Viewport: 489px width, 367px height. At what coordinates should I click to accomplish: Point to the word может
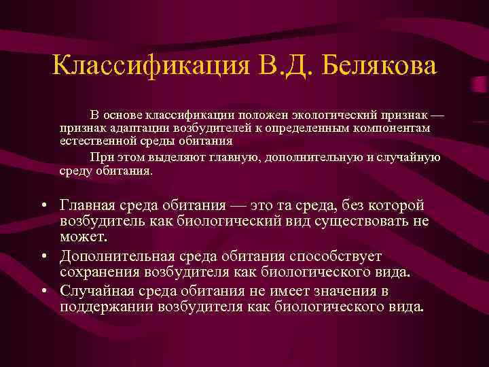(x=81, y=238)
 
